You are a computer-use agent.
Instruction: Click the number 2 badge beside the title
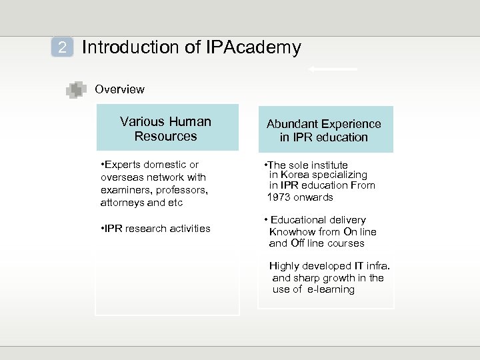point(62,47)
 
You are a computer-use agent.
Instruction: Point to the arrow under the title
point(332,69)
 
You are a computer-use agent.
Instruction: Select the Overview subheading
point(119,89)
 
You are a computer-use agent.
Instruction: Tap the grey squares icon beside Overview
point(76,89)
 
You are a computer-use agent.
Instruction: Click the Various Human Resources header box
point(166,128)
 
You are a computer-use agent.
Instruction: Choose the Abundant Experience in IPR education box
point(323,130)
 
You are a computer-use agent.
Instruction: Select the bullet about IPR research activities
point(155,229)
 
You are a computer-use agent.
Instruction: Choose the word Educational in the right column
point(303,220)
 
